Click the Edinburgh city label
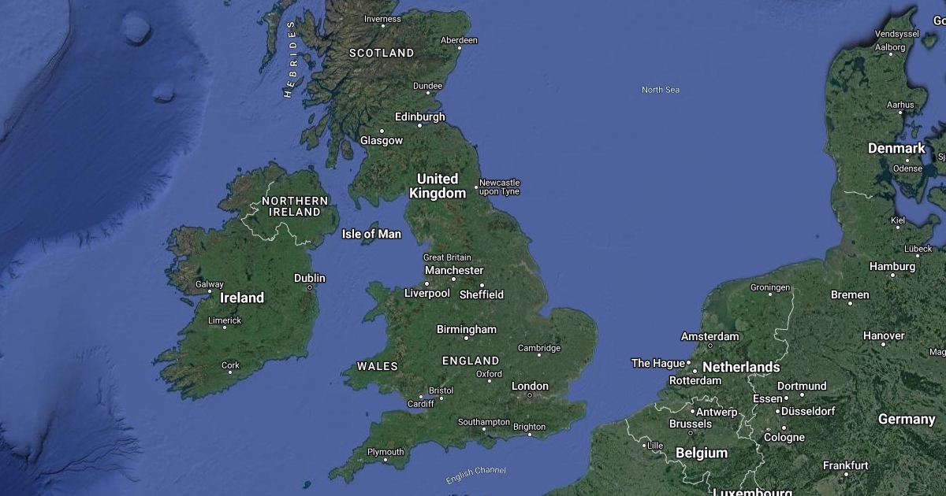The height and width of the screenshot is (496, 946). point(419,117)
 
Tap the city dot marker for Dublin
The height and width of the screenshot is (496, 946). point(310,288)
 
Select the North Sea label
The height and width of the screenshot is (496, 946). point(660,90)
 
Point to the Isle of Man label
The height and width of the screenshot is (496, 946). point(371,234)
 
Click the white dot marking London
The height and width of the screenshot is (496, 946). point(530,395)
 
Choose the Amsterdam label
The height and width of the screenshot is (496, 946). point(709,336)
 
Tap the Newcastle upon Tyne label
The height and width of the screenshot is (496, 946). point(499,187)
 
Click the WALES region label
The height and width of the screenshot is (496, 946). point(378,366)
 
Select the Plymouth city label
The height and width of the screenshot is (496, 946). point(385,452)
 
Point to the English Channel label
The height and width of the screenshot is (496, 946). point(475,475)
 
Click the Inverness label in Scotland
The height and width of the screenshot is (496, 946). point(382,19)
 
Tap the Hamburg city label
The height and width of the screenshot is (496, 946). point(892,266)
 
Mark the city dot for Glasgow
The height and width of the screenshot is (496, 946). point(382,131)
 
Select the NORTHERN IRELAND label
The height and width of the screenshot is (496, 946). point(295,206)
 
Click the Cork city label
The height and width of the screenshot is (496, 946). point(230,365)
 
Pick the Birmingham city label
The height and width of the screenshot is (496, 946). point(467,329)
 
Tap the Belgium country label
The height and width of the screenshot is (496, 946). point(701,453)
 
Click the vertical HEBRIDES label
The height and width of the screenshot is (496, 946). point(289,59)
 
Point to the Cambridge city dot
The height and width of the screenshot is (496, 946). point(539,355)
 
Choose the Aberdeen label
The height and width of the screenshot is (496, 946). point(459,40)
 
